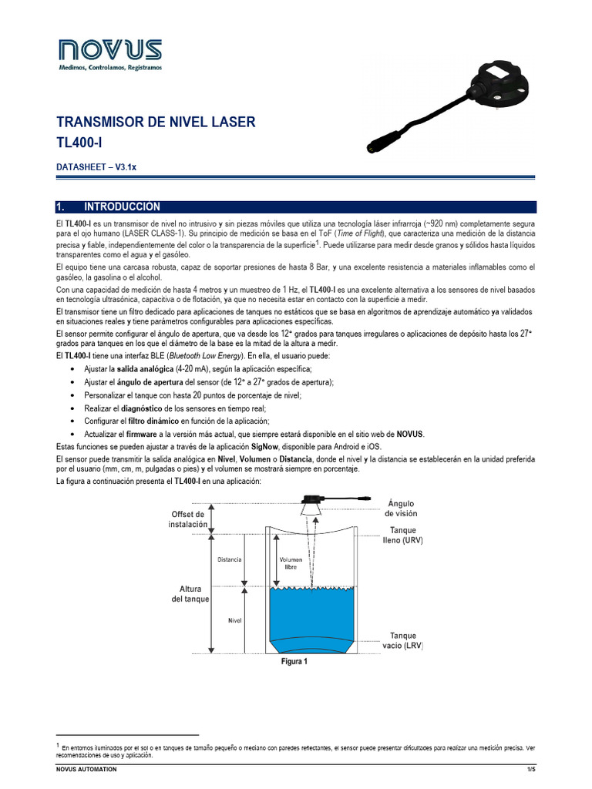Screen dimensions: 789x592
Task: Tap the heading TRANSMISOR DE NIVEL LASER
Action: [x=156, y=123]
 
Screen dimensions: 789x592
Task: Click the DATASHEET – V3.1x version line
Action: [x=96, y=167]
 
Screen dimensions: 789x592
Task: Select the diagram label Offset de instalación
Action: [x=188, y=519]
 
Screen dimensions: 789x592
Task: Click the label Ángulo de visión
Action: [x=402, y=509]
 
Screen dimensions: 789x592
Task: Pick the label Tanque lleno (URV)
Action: [x=406, y=536]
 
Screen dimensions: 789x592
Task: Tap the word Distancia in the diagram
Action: [x=230, y=559]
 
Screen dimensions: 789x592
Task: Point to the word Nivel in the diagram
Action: [x=235, y=619]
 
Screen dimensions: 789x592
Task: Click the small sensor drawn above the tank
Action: [x=314, y=502]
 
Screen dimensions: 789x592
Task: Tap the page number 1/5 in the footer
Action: [x=530, y=770]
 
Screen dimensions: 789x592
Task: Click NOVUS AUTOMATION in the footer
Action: [x=87, y=770]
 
